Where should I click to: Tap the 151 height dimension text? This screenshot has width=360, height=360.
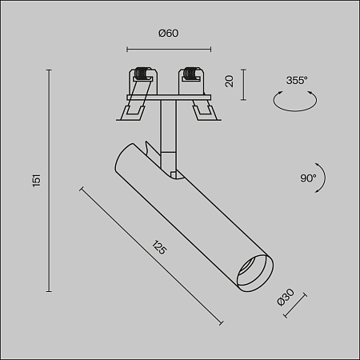[36, 181]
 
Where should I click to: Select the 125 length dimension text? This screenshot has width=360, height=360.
[158, 248]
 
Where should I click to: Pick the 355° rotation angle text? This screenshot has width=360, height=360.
[295, 80]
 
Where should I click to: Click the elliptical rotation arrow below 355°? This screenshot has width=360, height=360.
[295, 101]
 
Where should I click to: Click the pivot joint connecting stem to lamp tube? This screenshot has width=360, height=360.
[173, 168]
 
